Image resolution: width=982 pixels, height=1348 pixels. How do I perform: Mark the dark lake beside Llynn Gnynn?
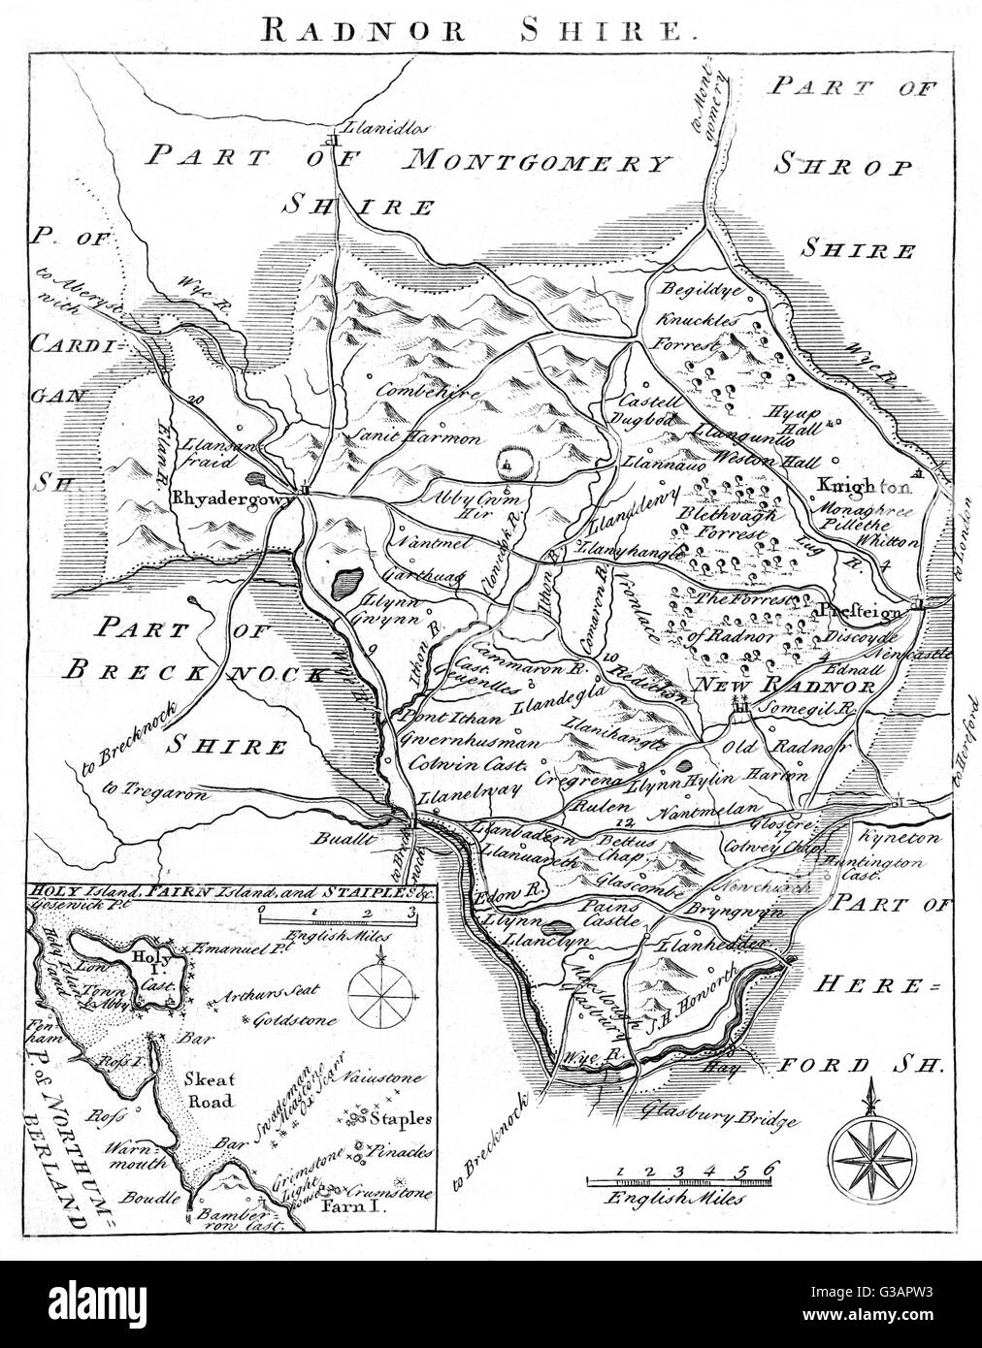[x=343, y=584]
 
